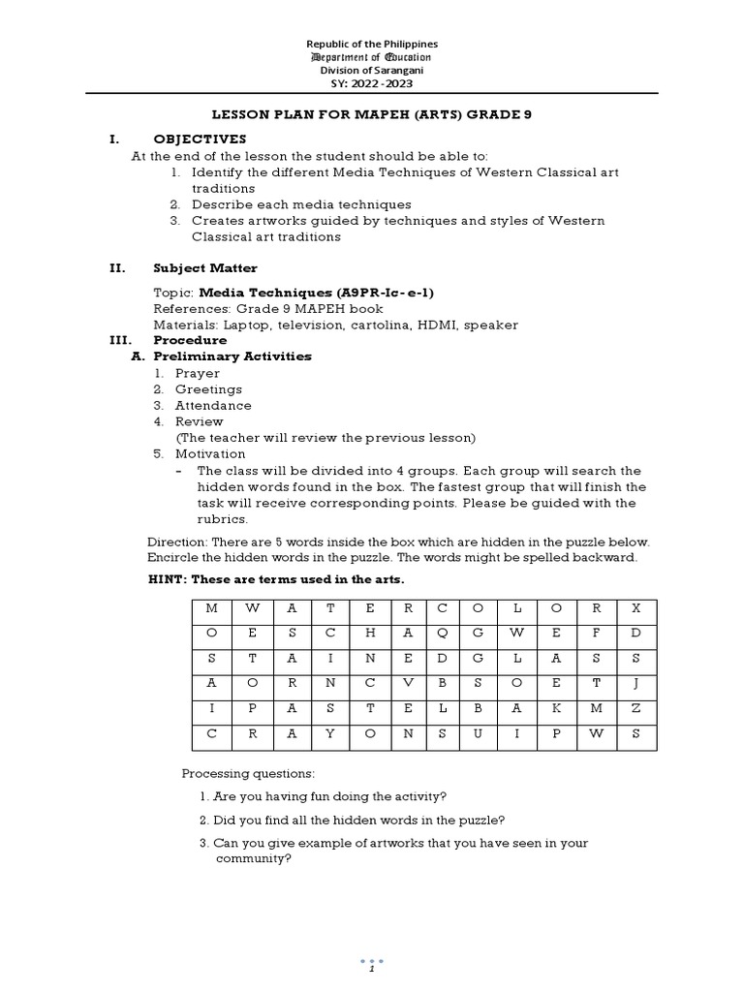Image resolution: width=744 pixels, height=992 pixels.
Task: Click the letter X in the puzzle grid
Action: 635,608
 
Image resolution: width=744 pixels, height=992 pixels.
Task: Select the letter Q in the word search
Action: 442,634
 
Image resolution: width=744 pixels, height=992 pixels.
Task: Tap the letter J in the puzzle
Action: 635,683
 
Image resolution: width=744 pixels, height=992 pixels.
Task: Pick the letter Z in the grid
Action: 635,708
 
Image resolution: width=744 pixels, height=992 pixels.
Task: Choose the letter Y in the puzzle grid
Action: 330,733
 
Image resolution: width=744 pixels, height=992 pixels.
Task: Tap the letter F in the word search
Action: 597,634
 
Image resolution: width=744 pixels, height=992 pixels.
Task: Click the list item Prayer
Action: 197,373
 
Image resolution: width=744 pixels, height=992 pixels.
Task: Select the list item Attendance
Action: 213,405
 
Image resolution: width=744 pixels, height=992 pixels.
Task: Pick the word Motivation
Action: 210,453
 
